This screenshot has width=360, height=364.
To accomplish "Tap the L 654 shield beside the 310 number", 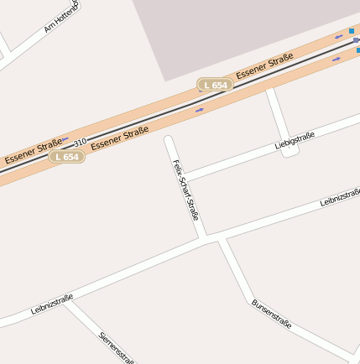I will coord(65,157).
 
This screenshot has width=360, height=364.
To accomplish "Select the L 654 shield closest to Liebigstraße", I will coord(215,85).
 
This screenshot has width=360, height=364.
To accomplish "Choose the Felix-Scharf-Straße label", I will coord(185,190).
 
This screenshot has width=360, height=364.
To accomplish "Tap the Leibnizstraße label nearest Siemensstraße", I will coord(52,304).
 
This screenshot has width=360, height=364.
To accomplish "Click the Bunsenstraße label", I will coord(272,313).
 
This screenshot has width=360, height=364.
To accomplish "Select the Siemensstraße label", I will coord(117,347).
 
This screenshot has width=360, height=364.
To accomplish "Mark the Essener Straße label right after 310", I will coord(119,137).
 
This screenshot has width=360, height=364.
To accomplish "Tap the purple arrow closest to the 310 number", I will coord(65,140).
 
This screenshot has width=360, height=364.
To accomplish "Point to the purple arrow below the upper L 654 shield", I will coord(200,109).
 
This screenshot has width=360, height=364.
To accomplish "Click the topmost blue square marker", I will coord(352,31).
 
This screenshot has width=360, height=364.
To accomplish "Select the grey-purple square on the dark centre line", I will coord(356,39).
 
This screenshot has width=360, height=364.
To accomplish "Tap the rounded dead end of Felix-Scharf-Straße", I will coord(169,140).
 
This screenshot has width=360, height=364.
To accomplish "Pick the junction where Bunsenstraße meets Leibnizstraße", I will coord(221,241).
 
